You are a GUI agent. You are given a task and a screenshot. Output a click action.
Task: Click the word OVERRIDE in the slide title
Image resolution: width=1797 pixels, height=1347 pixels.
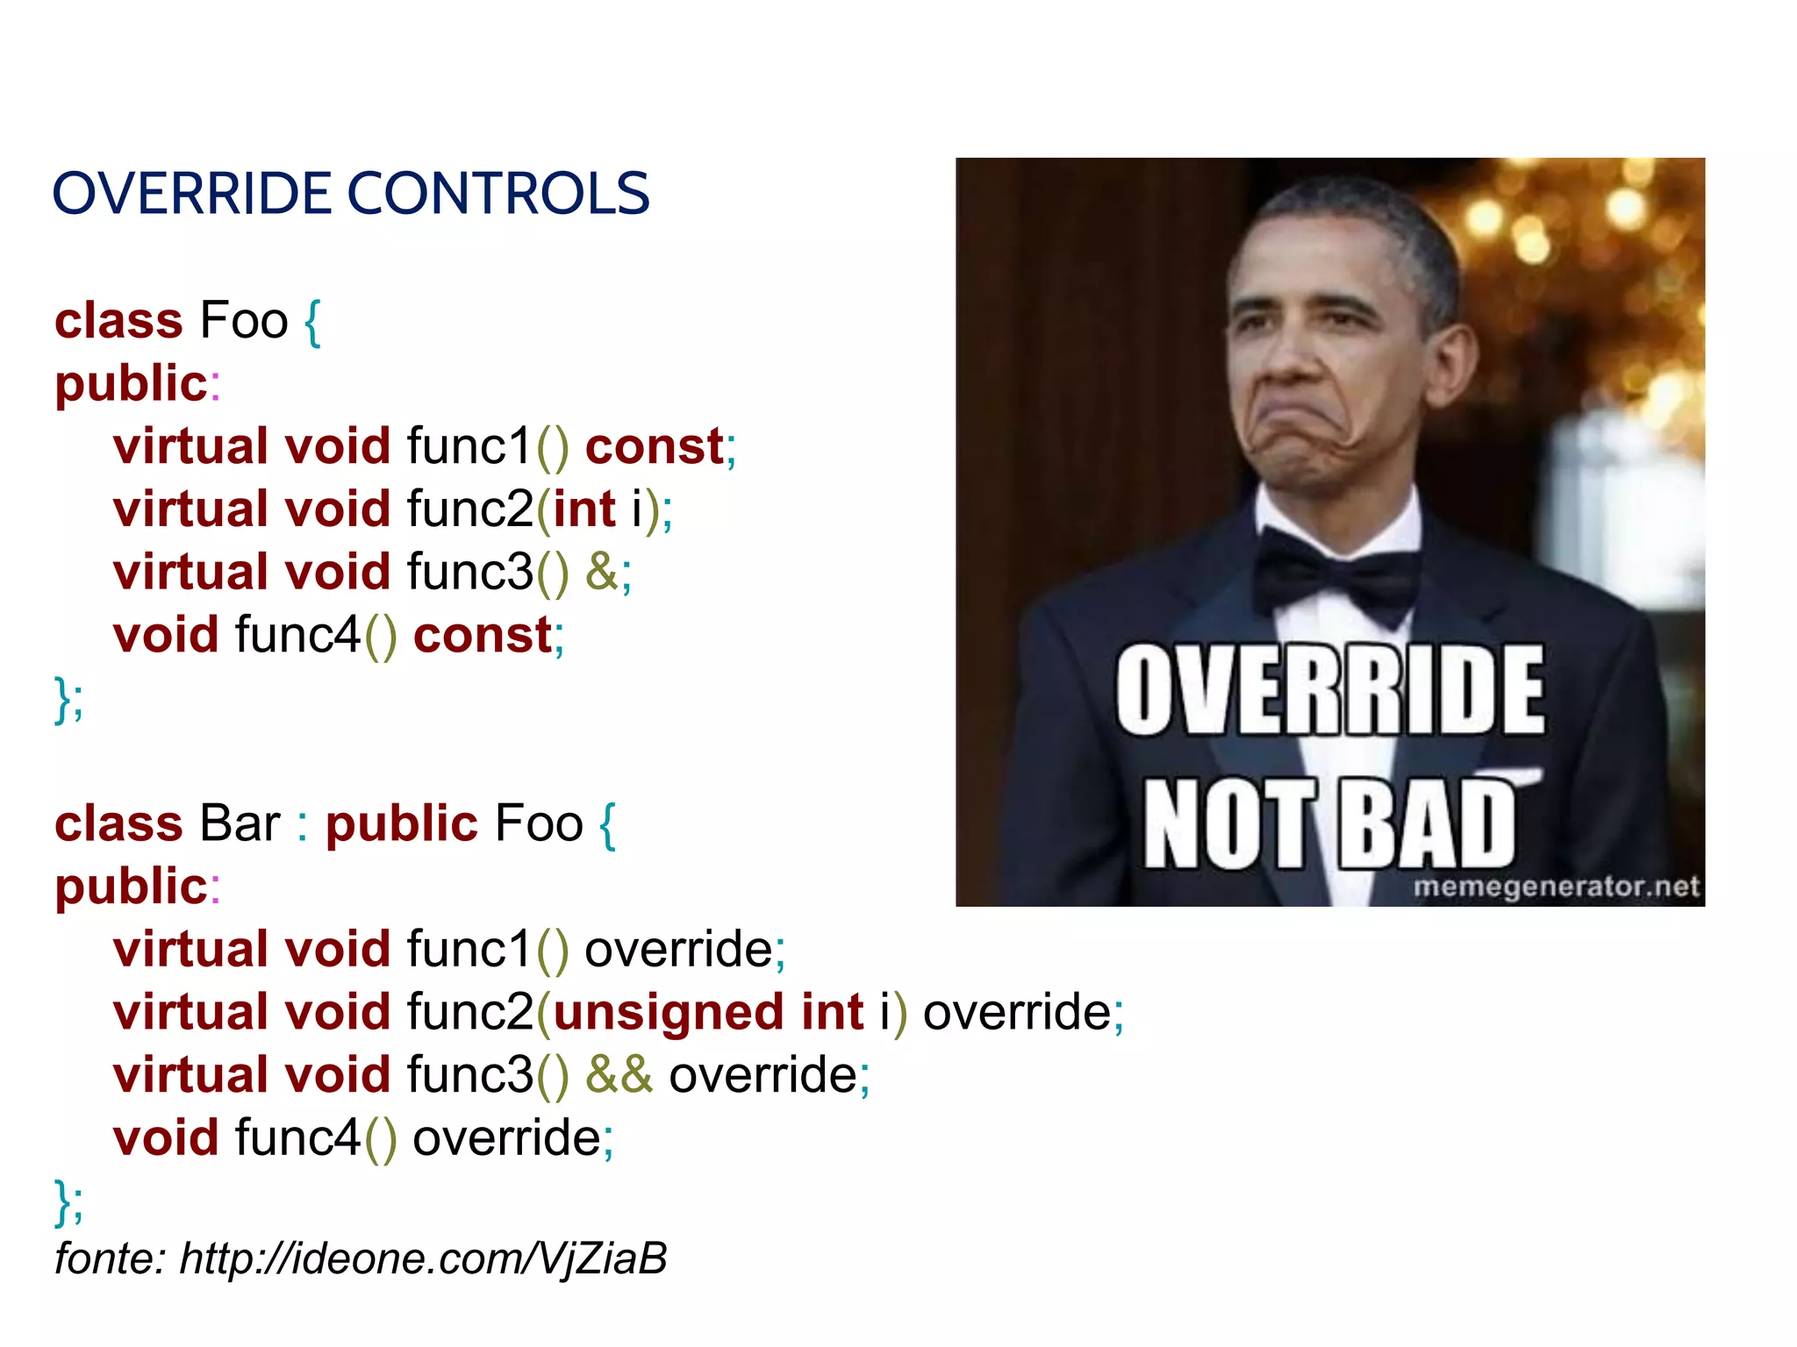194,194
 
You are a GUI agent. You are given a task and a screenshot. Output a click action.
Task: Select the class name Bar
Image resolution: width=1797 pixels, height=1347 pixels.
240,823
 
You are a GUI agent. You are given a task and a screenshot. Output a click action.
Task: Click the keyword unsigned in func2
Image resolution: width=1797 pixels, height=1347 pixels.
669,1013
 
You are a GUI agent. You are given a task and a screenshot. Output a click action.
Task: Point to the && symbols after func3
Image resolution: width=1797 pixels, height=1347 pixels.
619,1075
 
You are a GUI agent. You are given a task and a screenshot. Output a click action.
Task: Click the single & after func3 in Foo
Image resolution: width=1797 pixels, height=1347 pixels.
601,572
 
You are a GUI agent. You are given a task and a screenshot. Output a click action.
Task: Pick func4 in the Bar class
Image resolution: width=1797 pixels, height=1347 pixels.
297,1138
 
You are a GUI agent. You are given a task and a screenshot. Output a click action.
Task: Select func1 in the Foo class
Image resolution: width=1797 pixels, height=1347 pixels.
469,446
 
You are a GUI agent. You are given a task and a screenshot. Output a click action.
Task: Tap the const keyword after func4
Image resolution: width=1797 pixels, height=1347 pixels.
482,635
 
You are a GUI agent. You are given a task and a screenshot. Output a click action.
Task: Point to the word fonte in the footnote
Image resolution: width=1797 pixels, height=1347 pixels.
104,1258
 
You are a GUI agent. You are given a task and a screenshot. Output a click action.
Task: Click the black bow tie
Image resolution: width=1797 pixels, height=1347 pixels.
1335,574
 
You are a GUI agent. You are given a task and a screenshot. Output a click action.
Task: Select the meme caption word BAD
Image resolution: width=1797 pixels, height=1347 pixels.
1425,824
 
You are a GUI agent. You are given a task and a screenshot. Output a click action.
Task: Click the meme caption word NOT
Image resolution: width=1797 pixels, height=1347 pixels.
1228,824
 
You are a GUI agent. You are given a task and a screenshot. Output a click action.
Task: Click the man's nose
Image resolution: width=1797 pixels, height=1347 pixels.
1290,360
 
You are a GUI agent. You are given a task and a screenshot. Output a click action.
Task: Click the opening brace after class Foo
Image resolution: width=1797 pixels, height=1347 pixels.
312,322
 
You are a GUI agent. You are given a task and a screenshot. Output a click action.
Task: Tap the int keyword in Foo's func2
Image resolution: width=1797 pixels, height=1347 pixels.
584,510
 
